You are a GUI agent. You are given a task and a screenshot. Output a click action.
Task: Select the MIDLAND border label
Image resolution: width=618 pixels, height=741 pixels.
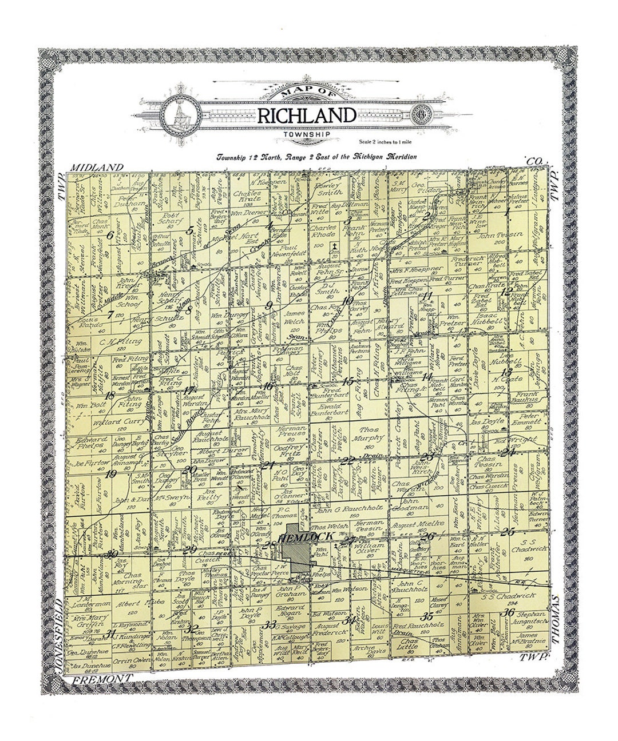pos(96,167)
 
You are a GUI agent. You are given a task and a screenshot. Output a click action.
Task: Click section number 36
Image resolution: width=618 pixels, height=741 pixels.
pos(507,613)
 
